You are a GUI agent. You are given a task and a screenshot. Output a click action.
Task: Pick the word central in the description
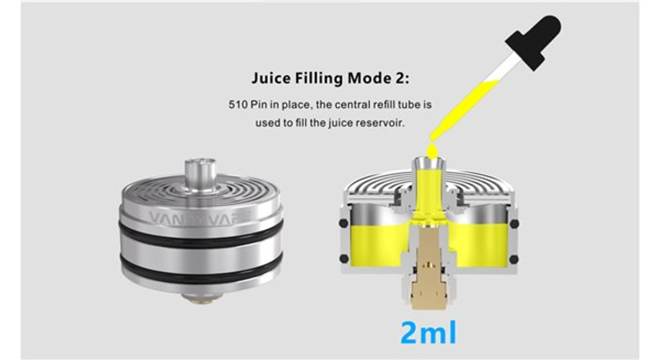point(351,105)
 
